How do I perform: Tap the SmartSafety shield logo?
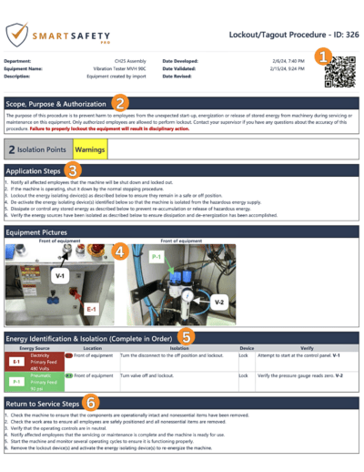click(16, 34)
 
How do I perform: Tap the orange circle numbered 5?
click(186, 336)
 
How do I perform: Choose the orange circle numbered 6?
click(91, 400)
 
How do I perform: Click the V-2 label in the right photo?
click(218, 302)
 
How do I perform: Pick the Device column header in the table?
click(247, 346)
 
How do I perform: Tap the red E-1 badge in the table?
click(16, 360)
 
